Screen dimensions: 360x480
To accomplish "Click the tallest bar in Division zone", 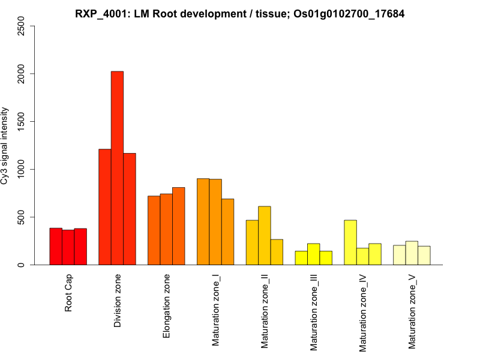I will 117,168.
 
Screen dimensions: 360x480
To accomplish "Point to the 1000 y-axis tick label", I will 22,169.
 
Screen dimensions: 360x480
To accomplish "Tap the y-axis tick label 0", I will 22,265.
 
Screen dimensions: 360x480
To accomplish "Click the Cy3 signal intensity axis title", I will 5,145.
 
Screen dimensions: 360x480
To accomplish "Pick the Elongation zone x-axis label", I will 166,306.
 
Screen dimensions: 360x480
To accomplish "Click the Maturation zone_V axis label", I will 412,311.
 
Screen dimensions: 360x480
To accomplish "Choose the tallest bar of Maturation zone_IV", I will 350,242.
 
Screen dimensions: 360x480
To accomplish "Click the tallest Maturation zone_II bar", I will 265,235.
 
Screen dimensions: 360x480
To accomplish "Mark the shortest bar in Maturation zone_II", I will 277,252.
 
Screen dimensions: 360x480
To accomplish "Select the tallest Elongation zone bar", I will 179,226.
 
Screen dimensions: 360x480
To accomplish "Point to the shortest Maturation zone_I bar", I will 227,232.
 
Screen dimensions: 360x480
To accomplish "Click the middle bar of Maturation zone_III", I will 314,254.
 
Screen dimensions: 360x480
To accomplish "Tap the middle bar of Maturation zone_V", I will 412,253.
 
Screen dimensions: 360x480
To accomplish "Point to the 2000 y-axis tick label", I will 22,74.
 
